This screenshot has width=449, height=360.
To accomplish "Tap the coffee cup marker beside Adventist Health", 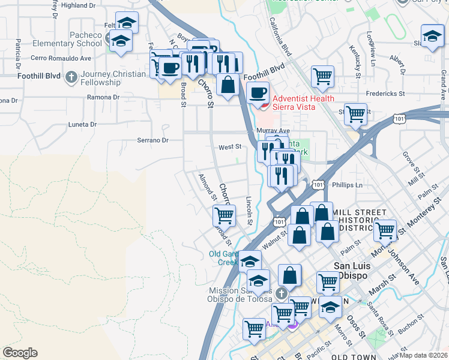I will pyautogui.click(x=258, y=92).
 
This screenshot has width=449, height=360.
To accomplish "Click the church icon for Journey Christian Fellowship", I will pyautogui.click(x=71, y=77).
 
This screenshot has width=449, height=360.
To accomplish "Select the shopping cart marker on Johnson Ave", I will pyautogui.click(x=385, y=229).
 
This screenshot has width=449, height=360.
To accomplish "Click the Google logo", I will pyautogui.click(x=20, y=353).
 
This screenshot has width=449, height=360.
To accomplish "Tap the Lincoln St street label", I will pyautogui.click(x=249, y=210).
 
